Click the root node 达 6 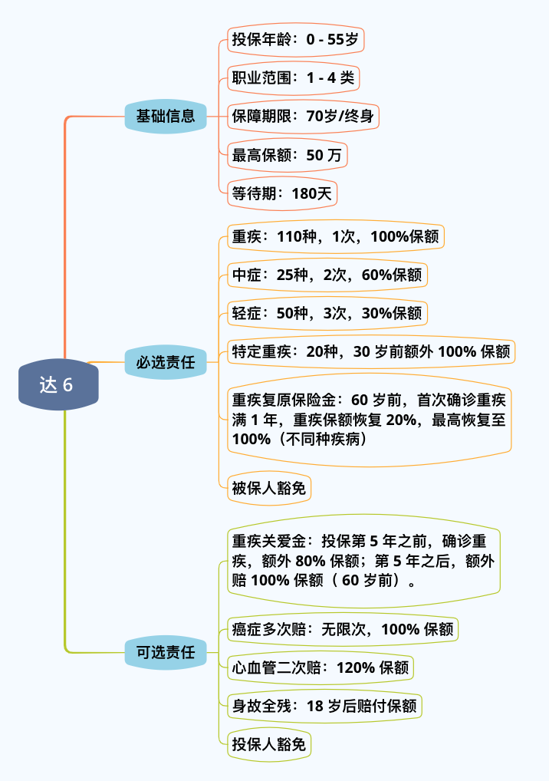tap(58, 384)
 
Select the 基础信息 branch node tap(166, 117)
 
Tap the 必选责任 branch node tap(166, 362)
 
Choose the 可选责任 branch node tap(166, 653)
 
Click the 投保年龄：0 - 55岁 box tap(295, 39)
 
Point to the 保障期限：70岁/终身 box tap(303, 117)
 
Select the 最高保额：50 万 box tap(287, 156)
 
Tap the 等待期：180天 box tap(282, 194)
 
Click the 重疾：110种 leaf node tap(336, 237)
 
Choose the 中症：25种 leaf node tap(327, 275)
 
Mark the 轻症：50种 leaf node tap(327, 313)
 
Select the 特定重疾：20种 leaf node tap(371, 352)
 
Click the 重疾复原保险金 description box tap(370, 420)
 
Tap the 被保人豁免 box tap(268, 488)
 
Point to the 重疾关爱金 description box tap(363, 561)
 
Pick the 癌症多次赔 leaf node tap(343, 630)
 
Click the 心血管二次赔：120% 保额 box tap(321, 667)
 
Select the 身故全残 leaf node tap(324, 706)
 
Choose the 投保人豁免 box tap(268, 743)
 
